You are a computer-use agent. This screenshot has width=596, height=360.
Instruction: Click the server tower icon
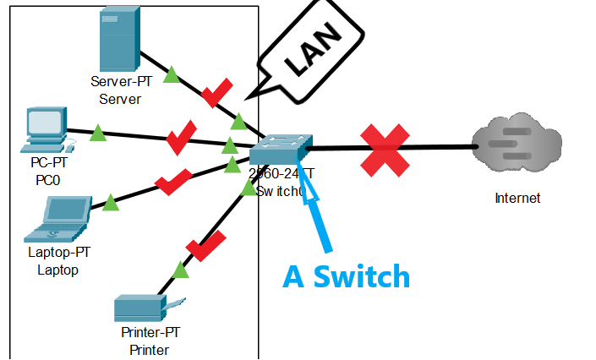pyautogui.click(x=116, y=41)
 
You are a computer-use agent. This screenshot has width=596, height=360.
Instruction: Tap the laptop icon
pyautogui.click(x=58, y=218)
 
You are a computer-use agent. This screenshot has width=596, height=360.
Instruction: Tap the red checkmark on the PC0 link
pyautogui.click(x=180, y=137)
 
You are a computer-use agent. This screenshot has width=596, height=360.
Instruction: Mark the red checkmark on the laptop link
pyautogui.click(x=174, y=181)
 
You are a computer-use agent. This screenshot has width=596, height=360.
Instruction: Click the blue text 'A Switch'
pyautogui.click(x=346, y=276)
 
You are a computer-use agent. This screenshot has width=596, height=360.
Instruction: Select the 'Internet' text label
pyautogui.click(x=517, y=199)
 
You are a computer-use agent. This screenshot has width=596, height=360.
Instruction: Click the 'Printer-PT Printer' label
pyautogui.click(x=150, y=342)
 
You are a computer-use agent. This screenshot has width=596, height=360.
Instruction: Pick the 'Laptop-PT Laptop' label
pyautogui.click(x=57, y=262)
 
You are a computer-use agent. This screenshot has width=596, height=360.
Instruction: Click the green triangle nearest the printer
pyautogui.click(x=180, y=270)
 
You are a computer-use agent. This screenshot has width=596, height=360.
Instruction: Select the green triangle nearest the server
pyautogui.click(x=171, y=75)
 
